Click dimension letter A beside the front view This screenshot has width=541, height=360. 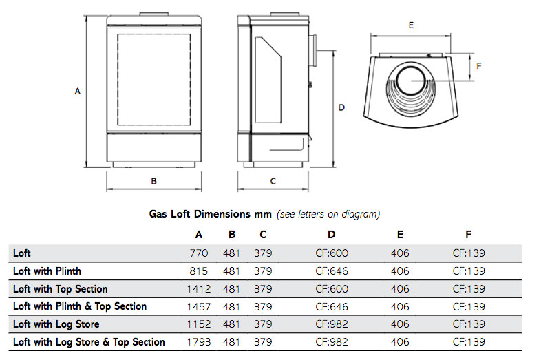point(78,91)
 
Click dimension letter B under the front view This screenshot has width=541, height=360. point(154,181)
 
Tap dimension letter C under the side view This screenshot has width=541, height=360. point(273,181)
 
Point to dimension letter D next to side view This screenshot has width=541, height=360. point(341,108)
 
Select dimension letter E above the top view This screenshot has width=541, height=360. point(410,25)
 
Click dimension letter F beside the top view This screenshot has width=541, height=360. point(479,66)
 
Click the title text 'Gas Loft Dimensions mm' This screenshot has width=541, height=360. point(211,214)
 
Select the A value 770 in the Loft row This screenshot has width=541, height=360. point(198,253)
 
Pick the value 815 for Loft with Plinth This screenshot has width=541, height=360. point(198,271)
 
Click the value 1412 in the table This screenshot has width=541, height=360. point(198,289)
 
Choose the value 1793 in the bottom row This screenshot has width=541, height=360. point(198,342)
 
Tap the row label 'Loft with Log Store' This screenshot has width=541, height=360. point(56,324)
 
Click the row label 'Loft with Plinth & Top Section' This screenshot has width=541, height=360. point(80,306)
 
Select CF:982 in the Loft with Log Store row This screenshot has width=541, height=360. point(331,324)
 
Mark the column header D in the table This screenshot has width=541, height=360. point(331,235)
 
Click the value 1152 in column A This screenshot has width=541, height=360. point(198,324)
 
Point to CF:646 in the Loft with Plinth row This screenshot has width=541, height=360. point(331,271)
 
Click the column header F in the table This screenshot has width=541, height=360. point(468,235)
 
